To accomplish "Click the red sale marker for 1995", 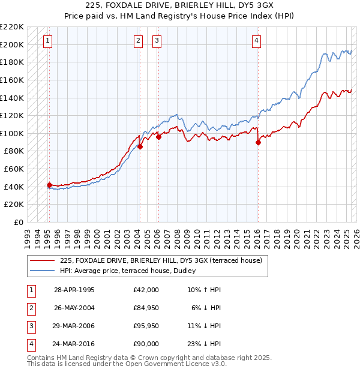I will point(49,185).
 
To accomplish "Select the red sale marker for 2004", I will point(140,146).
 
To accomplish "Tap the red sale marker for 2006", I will point(158,137).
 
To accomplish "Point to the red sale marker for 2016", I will point(258,142).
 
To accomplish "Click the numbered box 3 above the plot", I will point(157,41).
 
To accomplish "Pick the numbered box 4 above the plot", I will point(256,41).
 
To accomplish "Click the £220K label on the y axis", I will point(12,26).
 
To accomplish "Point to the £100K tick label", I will point(12,133).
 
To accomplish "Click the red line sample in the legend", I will point(42,260).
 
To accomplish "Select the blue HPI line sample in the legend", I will point(42,271).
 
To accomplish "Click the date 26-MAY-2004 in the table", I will point(74,308).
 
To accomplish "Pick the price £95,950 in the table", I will point(146,326).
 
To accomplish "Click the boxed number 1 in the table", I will point(31,290).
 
